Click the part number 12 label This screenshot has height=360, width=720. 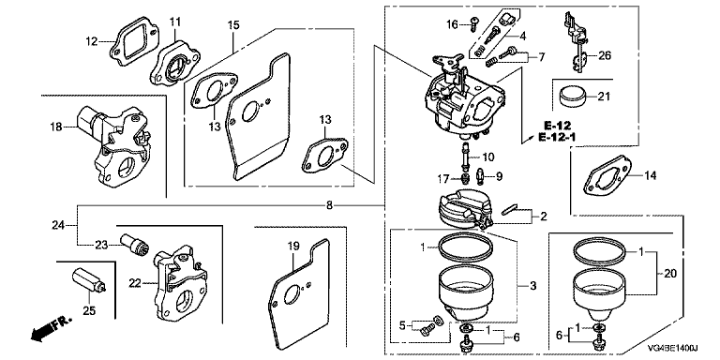coord(91,42)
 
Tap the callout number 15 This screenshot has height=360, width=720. coord(233,25)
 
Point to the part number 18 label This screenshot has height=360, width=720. coord(55,127)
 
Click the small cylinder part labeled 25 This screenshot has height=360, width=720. coord(89,281)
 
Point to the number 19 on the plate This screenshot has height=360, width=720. coord(292,247)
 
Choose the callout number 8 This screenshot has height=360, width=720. coord(329,205)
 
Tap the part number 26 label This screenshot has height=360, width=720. coord(606,56)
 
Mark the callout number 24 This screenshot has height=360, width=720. coord(58,225)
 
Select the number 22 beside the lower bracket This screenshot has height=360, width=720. coord(135,284)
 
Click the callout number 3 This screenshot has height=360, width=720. coord(533,286)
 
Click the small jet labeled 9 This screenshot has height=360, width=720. coord(481,174)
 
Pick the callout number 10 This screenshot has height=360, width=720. coord(487,157)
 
